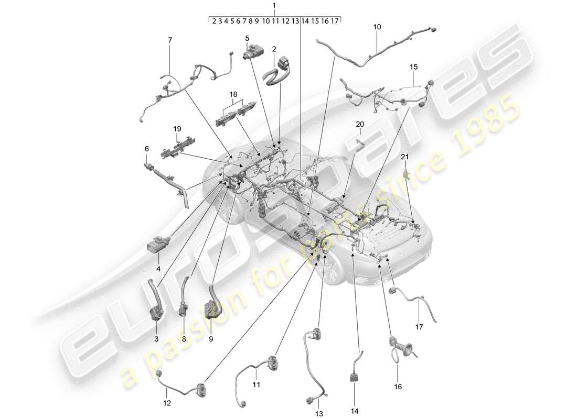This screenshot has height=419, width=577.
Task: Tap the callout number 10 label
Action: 377,26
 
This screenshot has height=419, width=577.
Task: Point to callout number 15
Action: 414,67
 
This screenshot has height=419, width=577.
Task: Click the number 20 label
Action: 359,124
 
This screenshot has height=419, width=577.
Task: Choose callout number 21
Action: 405,157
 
